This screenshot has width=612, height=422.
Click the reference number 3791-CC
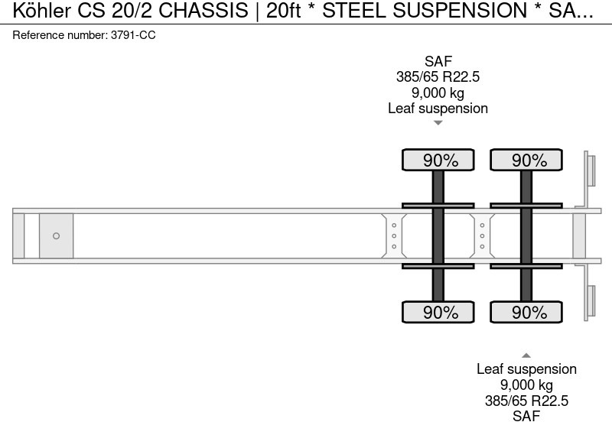coord(132,35)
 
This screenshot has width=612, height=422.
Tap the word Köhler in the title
coord(33,11)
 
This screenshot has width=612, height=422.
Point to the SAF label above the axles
coord(438,61)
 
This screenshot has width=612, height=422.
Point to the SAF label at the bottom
coord(526,415)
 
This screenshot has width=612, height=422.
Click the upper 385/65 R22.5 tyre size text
coord(438,77)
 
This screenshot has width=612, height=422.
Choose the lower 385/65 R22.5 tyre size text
coord(526,400)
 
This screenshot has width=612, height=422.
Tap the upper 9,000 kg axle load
coord(438,93)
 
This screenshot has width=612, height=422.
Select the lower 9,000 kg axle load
coord(526,385)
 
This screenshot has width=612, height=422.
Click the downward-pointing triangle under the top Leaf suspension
coord(438,122)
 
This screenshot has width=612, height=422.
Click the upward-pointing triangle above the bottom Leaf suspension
coord(526,355)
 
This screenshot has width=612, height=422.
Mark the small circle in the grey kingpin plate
coord(56,236)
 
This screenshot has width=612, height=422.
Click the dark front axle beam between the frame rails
coord(438,235)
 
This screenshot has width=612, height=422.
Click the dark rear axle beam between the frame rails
coord(526,235)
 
